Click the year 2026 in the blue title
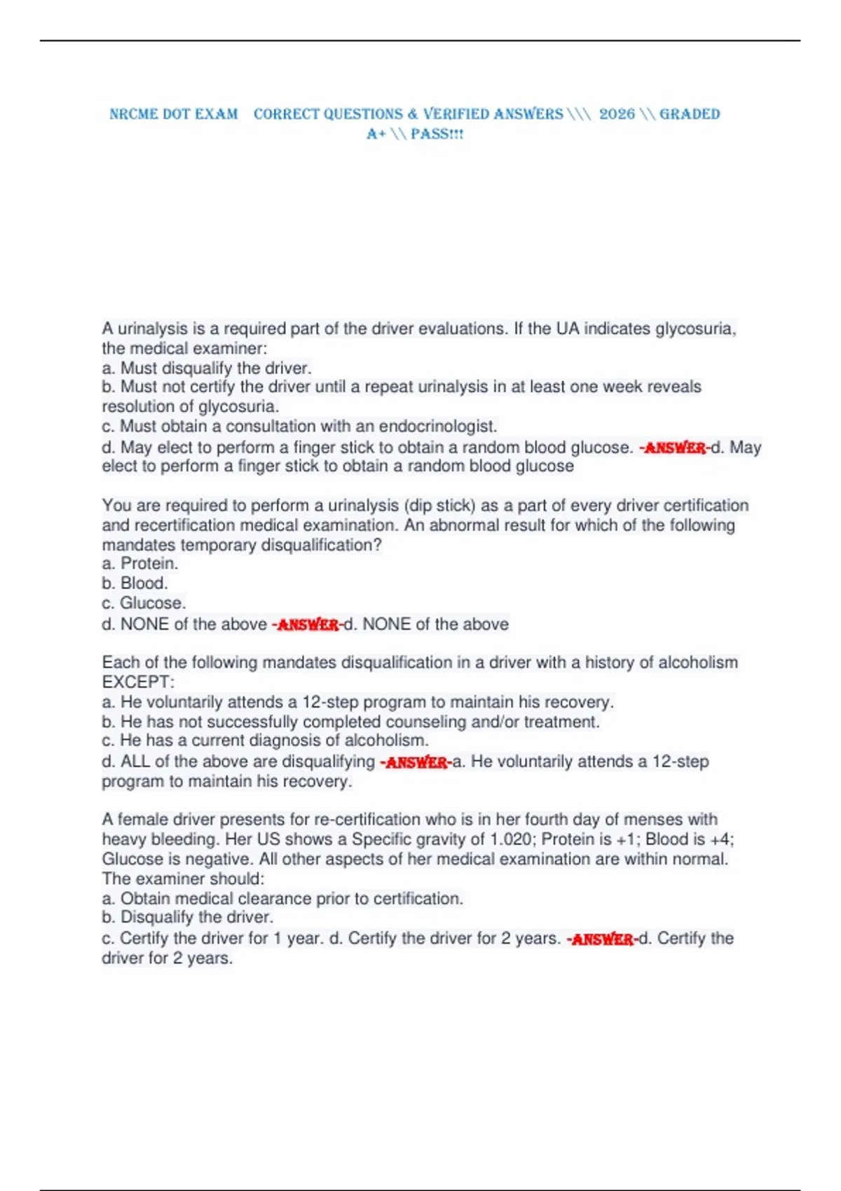coord(617,114)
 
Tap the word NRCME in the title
coord(133,114)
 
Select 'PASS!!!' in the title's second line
coord(437,134)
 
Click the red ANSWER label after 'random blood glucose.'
coord(675,448)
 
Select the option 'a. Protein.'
coord(140,563)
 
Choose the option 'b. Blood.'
coord(135,583)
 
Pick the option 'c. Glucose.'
coord(144,603)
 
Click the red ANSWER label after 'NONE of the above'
coord(308,624)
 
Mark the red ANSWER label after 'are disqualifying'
coord(416,762)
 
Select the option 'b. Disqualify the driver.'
coord(187,917)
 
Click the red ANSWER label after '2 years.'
coord(603,939)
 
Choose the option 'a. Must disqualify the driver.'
coord(206,368)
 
